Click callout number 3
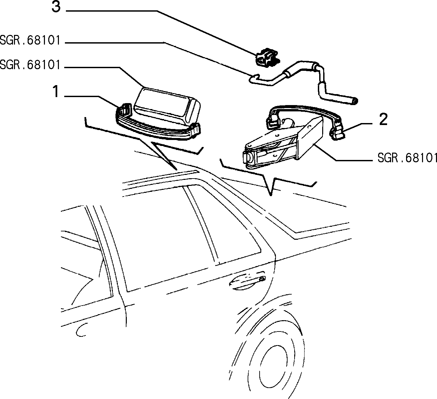(56, 7)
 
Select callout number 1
(56, 92)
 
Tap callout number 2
(383, 120)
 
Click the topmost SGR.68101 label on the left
(30, 41)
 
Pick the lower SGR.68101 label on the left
(30, 65)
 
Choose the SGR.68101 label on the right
(407, 158)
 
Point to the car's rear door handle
(247, 282)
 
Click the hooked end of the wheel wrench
(254, 78)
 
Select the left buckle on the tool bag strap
(125, 109)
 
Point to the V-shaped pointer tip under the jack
(271, 195)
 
